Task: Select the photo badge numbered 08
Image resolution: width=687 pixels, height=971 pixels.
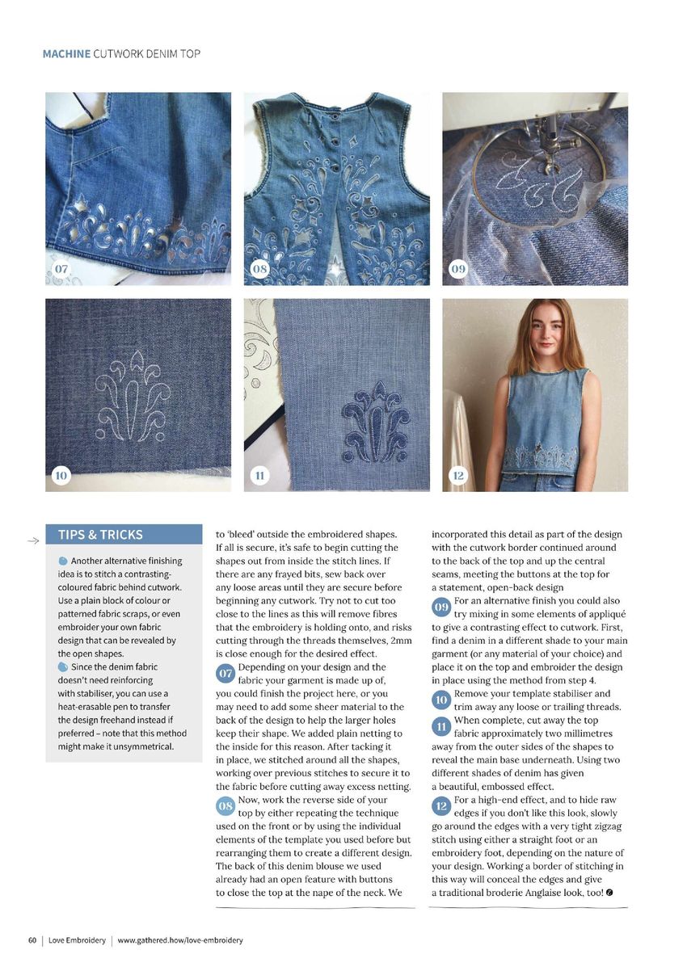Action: pyautogui.click(x=259, y=268)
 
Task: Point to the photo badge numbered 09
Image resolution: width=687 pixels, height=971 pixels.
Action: pyautogui.click(x=458, y=268)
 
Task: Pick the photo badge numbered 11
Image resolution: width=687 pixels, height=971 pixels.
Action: pyautogui.click(x=259, y=475)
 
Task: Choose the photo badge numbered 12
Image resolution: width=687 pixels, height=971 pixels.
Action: pyautogui.click(x=458, y=475)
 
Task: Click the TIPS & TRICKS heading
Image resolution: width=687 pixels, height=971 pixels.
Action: pyautogui.click(x=100, y=535)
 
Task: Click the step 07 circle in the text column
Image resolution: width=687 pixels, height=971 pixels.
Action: pyautogui.click(x=226, y=674)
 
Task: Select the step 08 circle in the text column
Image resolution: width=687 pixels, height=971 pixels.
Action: pyautogui.click(x=226, y=806)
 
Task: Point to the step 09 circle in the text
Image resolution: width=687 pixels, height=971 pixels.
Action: pyautogui.click(x=441, y=607)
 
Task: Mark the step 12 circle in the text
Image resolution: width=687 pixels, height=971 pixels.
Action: pyautogui.click(x=441, y=806)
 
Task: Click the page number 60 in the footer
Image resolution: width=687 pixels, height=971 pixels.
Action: pyautogui.click(x=32, y=940)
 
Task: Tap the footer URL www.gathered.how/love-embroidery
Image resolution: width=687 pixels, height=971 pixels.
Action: pyautogui.click(x=180, y=940)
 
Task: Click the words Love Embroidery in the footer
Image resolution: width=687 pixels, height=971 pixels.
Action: pyautogui.click(x=77, y=940)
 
